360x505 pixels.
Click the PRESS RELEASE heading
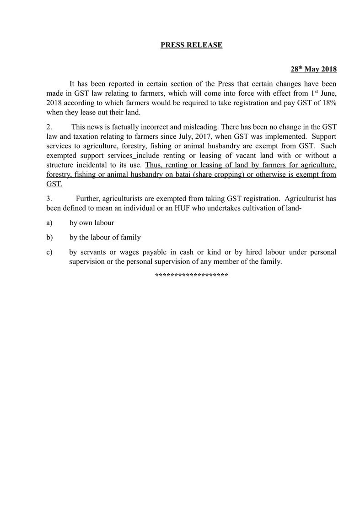point(191,45)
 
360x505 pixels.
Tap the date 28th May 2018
point(313,70)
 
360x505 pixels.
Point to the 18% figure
point(328,103)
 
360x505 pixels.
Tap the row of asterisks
point(191,276)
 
